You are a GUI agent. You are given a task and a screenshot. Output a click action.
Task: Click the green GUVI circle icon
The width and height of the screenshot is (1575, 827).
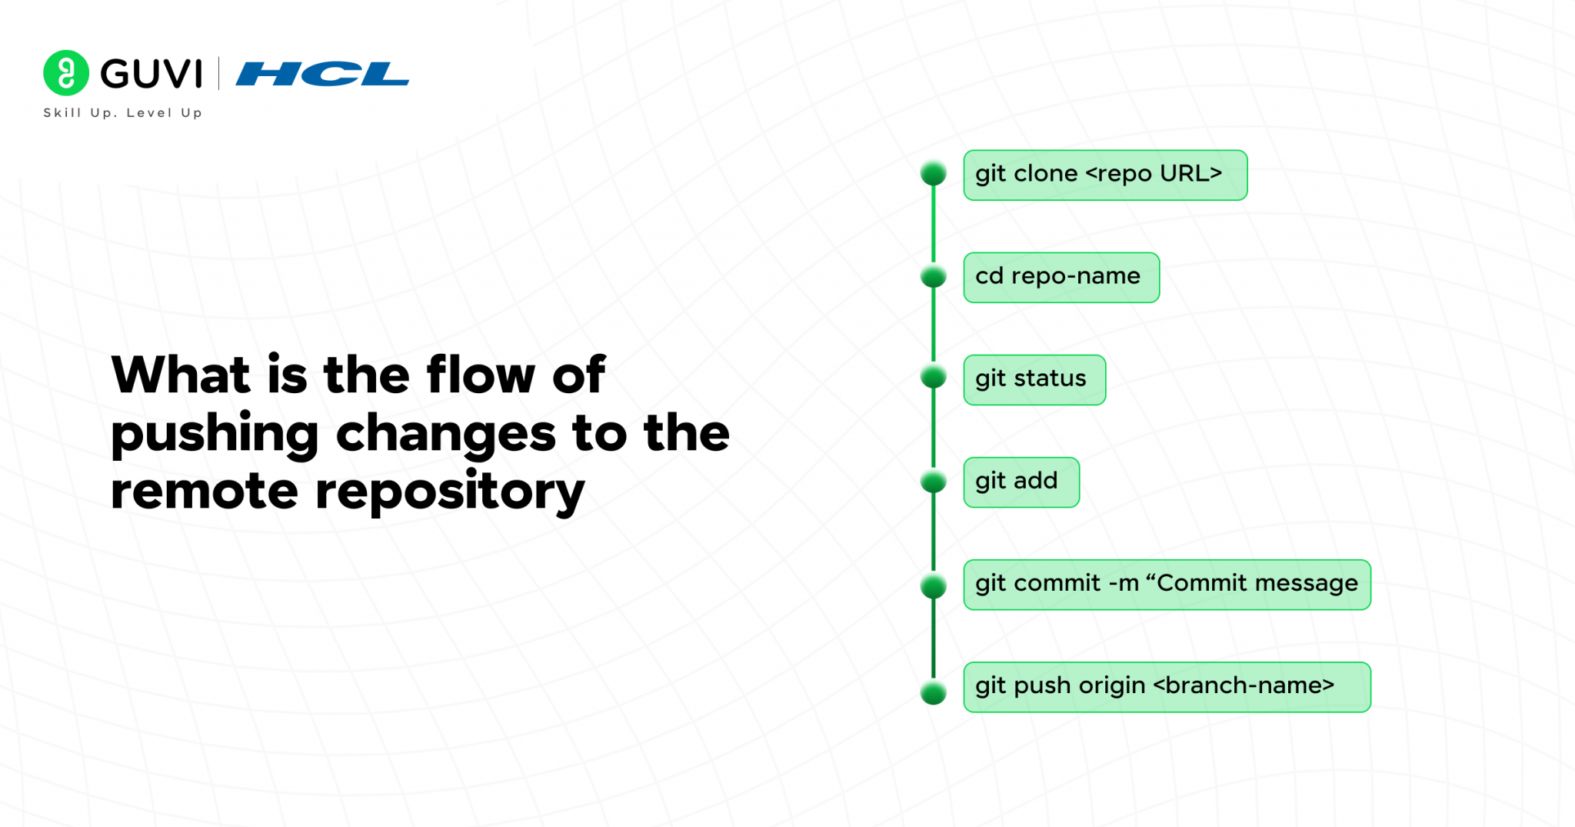pyautogui.click(x=66, y=73)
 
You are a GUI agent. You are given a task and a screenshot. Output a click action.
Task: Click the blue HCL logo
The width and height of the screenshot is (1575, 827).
pyautogui.click(x=322, y=74)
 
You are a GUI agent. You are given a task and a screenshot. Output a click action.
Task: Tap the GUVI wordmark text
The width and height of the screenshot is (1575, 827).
pyautogui.click(x=152, y=74)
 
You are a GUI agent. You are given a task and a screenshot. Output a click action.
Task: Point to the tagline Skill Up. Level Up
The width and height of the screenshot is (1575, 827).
pyautogui.click(x=123, y=113)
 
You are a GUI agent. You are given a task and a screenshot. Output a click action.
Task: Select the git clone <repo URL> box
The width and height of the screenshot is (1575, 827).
pyautogui.click(x=1104, y=175)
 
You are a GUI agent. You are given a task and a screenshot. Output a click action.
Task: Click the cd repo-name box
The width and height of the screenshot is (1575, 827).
pyautogui.click(x=1061, y=277)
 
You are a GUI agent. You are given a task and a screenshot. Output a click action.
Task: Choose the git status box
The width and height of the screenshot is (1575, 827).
pyautogui.click(x=1034, y=379)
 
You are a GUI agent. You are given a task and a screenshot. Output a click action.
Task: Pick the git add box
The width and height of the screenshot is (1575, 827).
pyautogui.click(x=1021, y=482)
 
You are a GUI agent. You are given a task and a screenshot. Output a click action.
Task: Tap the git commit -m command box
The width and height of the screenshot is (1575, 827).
pyautogui.click(x=1166, y=584)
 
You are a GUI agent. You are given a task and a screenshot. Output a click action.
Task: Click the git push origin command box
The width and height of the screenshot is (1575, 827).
pyautogui.click(x=1166, y=686)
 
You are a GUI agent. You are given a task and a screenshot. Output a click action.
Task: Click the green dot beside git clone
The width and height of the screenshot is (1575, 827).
pyautogui.click(x=933, y=173)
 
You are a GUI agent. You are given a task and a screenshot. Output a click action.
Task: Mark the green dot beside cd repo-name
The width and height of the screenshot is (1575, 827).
pyautogui.click(x=933, y=275)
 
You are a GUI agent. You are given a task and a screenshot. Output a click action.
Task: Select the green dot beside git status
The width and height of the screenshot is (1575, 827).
pyautogui.click(x=933, y=377)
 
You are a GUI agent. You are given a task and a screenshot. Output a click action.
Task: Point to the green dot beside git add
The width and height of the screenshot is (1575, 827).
pyautogui.click(x=933, y=482)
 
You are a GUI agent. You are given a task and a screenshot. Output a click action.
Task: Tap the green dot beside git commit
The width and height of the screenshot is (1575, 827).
pyautogui.click(x=933, y=586)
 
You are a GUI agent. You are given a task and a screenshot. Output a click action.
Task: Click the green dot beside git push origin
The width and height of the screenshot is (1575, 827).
pyautogui.click(x=933, y=692)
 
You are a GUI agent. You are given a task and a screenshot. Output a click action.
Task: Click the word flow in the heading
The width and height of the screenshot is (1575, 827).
pyautogui.click(x=481, y=375)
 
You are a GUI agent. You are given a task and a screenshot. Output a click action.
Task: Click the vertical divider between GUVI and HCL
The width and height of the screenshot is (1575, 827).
pyautogui.click(x=219, y=74)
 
